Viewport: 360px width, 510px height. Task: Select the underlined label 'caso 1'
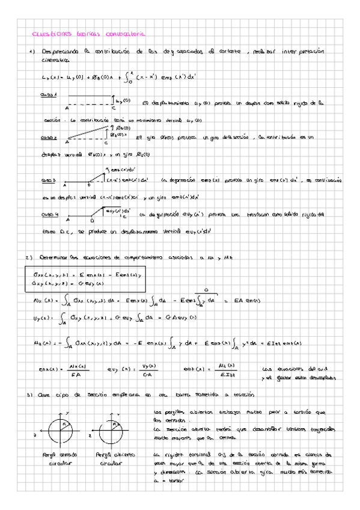(x=49, y=95)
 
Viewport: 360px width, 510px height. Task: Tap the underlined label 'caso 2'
(x=49, y=138)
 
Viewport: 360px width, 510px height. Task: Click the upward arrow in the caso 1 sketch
(x=114, y=100)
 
